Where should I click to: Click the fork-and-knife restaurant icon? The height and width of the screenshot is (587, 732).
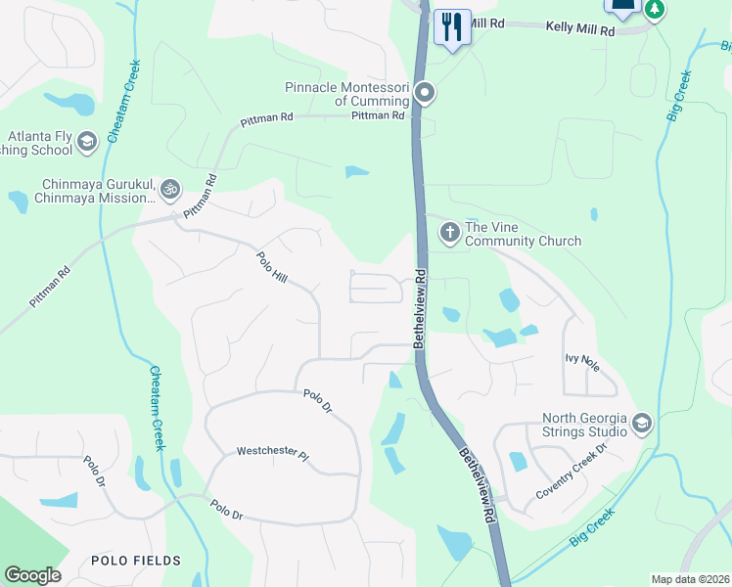coord(451,26)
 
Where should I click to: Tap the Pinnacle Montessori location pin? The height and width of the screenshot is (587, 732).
coord(425,94)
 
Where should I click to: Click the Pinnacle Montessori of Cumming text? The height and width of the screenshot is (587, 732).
coord(346,94)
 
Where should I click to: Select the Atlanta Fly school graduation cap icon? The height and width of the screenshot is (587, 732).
coord(87,144)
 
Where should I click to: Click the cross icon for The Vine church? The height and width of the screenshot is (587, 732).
coord(449,233)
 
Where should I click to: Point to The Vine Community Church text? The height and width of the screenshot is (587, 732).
coord(523,234)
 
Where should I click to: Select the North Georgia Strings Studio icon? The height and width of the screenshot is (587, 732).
coord(642,424)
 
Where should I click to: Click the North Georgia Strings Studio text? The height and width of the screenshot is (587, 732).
coord(585,424)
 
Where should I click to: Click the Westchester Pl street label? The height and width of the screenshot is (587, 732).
coord(272,455)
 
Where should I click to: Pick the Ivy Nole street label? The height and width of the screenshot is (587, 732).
coord(582,358)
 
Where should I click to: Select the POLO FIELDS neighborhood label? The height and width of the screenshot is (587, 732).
coord(136,561)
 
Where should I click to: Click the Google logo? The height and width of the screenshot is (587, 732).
coord(32,575)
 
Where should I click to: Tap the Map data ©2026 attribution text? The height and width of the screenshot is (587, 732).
coord(690,579)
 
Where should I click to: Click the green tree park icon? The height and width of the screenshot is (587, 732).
coord(654,9)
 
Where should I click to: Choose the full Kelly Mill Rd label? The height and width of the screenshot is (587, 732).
coord(580,31)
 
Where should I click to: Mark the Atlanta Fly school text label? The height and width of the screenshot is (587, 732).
coord(38,144)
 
